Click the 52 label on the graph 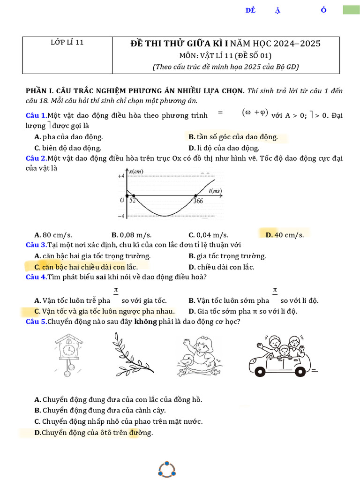[133, 201]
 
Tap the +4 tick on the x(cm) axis [120, 176]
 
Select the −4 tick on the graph [120, 216]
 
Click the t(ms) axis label [215, 190]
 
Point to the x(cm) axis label [136, 172]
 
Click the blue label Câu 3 [36, 245]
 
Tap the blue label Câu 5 [36, 322]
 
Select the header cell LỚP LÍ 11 [67, 42]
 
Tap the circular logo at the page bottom [166, 469]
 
